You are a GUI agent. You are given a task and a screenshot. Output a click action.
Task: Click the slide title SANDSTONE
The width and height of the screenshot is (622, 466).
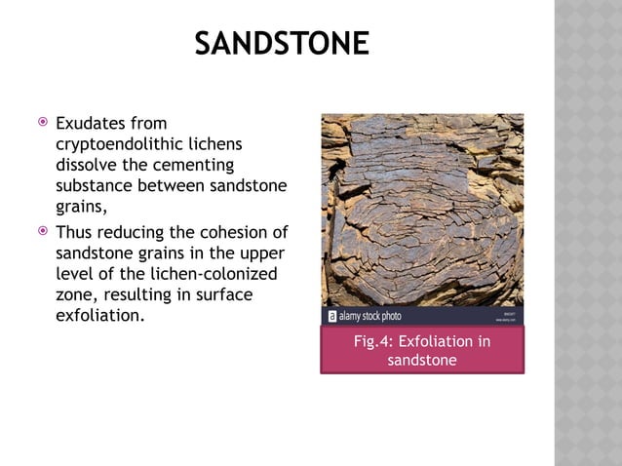pos(282,44)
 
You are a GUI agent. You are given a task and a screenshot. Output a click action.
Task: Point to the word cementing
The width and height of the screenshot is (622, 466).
pos(198,165)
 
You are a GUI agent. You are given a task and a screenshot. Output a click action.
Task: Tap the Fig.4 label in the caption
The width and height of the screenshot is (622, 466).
pos(373,341)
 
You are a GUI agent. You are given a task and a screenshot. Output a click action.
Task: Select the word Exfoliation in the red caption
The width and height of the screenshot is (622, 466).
pos(445,341)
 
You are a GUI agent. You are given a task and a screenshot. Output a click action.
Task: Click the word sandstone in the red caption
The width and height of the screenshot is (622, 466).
pos(422,361)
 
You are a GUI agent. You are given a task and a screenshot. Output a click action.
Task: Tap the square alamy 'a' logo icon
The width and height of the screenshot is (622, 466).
pos(330,316)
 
